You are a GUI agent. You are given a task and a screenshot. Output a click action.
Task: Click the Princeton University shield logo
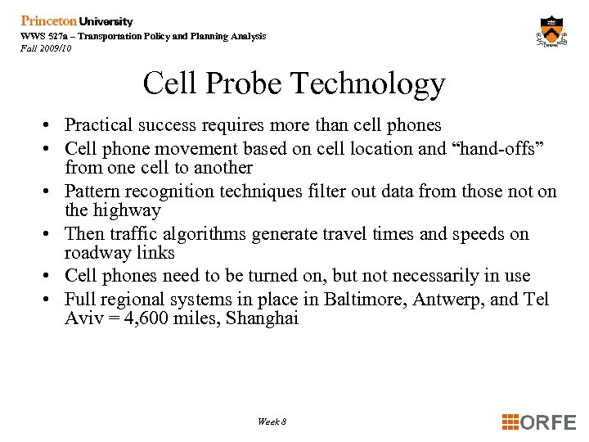[x=552, y=31]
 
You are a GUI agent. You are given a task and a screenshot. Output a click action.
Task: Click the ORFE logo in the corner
[x=539, y=422]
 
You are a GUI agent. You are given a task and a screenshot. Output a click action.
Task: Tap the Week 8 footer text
[x=272, y=422]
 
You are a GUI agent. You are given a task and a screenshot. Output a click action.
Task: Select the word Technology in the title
[x=368, y=83]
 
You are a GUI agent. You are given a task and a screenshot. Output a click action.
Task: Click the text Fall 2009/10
[x=46, y=48]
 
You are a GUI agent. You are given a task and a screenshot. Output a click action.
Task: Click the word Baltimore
[x=364, y=300]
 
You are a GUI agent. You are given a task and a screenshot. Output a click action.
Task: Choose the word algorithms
[x=208, y=234]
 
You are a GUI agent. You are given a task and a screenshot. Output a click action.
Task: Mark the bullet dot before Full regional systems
[x=50, y=300]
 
